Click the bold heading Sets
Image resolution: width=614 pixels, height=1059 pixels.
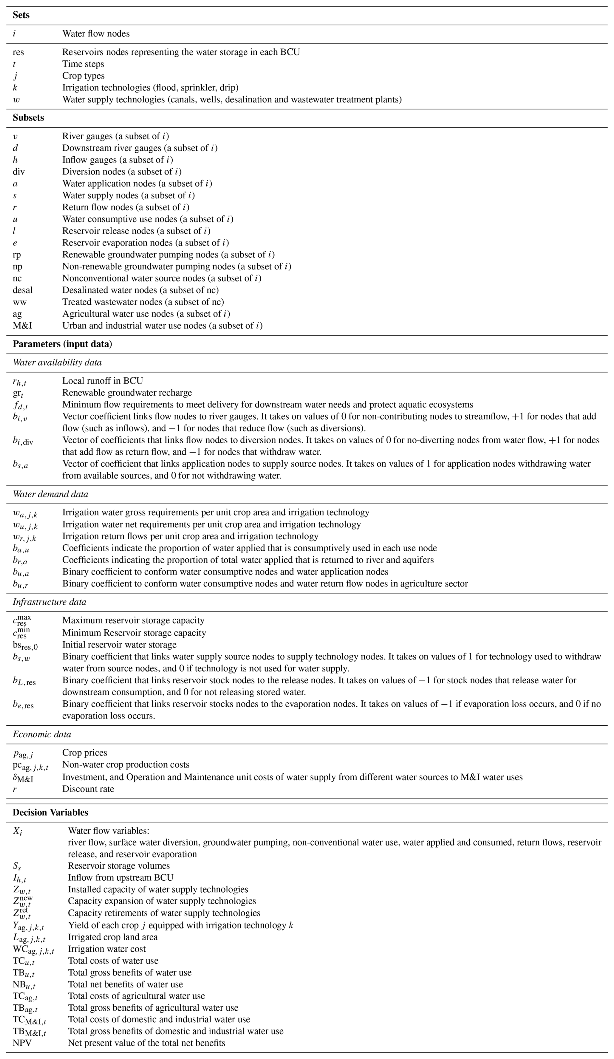point(21,15)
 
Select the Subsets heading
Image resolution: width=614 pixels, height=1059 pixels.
point(28,118)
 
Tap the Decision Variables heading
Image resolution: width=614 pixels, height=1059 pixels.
point(51,812)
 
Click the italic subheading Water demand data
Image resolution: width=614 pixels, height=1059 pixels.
point(51,494)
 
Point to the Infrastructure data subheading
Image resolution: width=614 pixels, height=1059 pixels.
point(49,602)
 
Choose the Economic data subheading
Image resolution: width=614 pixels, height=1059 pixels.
point(42,734)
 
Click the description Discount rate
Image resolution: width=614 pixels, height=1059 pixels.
point(88,789)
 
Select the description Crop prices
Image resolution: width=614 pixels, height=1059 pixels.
point(84,753)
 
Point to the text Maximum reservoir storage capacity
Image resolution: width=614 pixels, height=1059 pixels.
point(133,620)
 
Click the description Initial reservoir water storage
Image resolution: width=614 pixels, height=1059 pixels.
point(119,645)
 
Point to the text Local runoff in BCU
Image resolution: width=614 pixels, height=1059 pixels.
point(103,381)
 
